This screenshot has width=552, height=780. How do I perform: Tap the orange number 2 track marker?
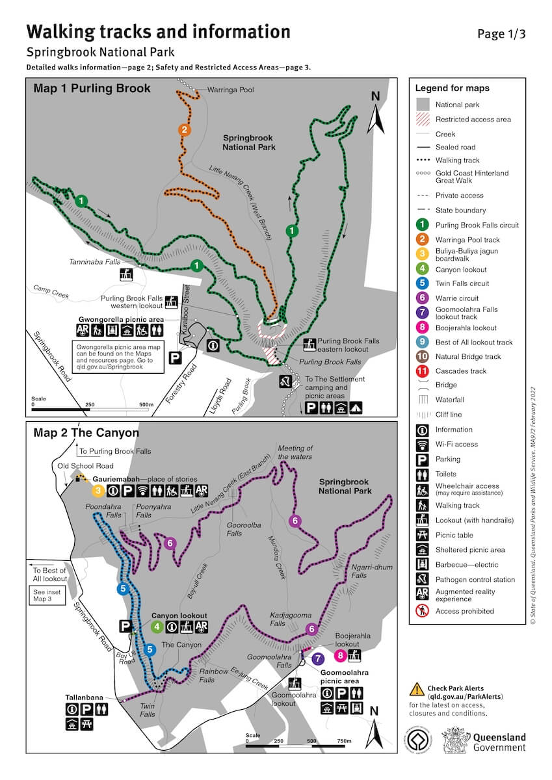tap(185, 129)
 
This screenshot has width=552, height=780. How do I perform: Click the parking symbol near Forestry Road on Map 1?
tap(174, 357)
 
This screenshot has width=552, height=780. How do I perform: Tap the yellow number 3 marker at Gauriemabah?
tap(98, 491)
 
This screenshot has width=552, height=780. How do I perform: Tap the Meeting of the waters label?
tap(295, 452)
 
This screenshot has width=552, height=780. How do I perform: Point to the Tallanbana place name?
tap(84, 697)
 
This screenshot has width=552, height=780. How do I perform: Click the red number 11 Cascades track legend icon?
tap(423, 370)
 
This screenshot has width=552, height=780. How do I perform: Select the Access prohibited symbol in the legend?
tap(423, 611)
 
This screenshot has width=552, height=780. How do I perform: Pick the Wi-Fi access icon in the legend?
tap(423, 445)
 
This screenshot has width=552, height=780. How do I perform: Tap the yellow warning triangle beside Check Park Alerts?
tap(415, 690)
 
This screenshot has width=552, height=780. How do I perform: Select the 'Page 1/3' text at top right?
tap(501, 34)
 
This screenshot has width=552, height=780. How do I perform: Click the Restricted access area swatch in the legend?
tap(423, 119)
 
